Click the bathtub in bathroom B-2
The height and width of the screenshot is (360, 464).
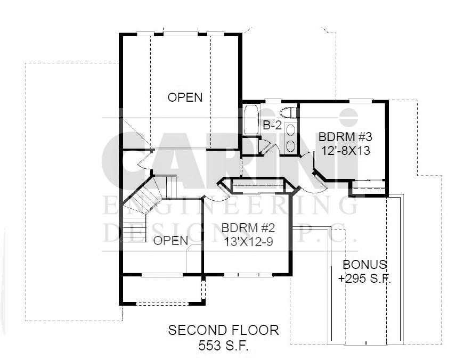click(251, 119)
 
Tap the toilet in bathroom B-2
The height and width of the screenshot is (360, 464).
click(288, 113)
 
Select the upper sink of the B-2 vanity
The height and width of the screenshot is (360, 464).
click(291, 130)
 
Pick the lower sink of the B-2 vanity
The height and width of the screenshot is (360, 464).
click(291, 145)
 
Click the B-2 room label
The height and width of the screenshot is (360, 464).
click(272, 126)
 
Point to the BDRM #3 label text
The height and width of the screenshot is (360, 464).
click(345, 137)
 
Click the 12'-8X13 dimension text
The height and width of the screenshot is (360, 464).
click(346, 151)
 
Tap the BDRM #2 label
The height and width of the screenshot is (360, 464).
click(248, 228)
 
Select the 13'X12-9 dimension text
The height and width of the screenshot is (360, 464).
click(248, 242)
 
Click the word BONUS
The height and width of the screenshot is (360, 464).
click(364, 264)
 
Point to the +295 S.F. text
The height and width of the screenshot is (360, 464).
click(364, 279)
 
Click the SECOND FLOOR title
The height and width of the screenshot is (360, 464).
click(223, 330)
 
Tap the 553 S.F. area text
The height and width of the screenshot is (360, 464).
click(223, 345)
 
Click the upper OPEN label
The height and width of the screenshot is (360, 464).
click(185, 97)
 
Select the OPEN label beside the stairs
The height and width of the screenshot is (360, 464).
click(171, 241)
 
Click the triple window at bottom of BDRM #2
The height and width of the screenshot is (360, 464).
click(248, 275)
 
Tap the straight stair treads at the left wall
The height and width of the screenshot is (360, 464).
click(135, 229)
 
